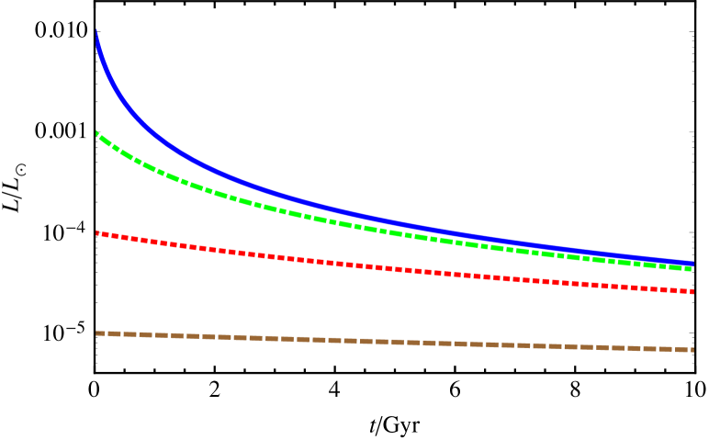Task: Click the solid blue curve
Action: [276, 193]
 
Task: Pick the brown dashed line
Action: [276, 338]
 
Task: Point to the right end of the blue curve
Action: [692, 264]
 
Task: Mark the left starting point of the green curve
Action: [97, 134]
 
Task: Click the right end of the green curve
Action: [690, 268]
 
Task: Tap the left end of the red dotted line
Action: [97, 233]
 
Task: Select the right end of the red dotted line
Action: [691, 291]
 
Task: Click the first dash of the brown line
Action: [101, 333]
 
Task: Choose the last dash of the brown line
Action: [684, 349]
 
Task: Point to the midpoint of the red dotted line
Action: [395, 268]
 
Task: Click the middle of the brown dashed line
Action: [395, 342]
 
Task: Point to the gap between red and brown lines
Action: [395, 305]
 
